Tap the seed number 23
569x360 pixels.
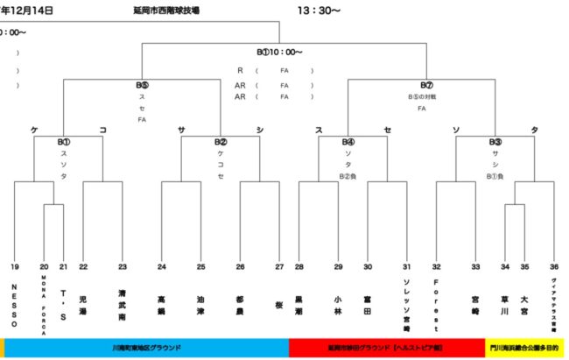[x=123, y=266]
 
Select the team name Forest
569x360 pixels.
[x=436, y=298]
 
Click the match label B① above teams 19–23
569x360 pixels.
[x=63, y=141]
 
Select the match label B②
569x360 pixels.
[x=221, y=141]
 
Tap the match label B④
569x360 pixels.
[x=348, y=141]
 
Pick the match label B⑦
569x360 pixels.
[x=426, y=85]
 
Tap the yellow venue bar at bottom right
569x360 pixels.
[x=524, y=348]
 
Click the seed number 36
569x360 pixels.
[x=553, y=266]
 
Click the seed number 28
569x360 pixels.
[x=299, y=266]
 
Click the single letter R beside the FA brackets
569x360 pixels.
[x=239, y=70]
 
